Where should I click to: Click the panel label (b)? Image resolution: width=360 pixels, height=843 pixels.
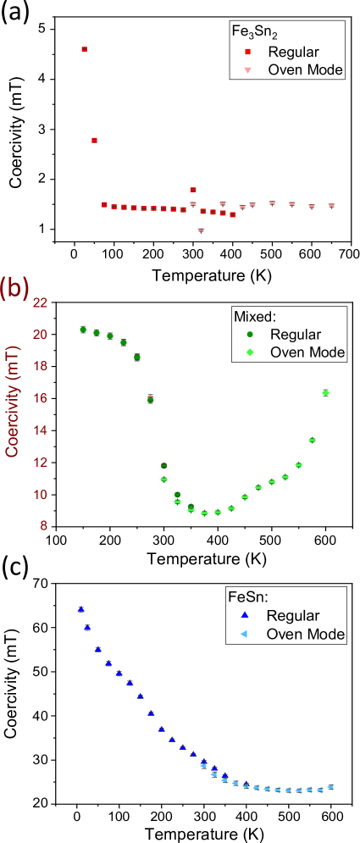coord(15,289)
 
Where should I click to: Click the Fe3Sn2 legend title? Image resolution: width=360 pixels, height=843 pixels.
coord(251,31)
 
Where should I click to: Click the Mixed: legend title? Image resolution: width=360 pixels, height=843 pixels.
coord(255,316)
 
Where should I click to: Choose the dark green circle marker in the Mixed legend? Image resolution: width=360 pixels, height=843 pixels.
coord(247,335)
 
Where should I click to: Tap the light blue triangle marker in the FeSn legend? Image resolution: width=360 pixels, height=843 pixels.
coord(247,634)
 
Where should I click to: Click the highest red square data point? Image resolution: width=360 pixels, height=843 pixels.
coord(84,49)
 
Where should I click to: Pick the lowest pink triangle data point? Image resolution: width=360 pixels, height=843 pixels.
coord(201,230)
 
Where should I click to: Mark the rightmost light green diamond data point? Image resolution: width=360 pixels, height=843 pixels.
coord(325,392)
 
